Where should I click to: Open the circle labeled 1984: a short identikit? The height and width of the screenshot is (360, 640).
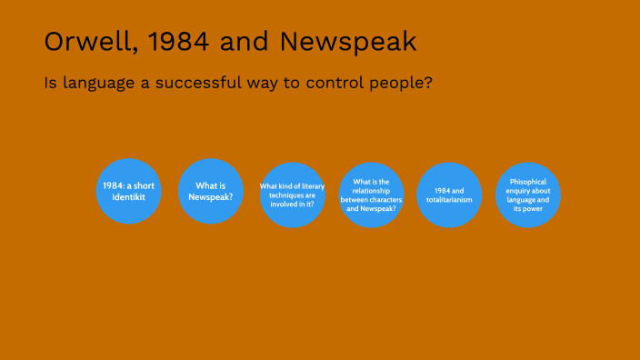click(128, 191)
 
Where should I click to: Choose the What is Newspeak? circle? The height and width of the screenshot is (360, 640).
click(211, 191)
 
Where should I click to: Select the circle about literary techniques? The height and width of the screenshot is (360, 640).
click(292, 195)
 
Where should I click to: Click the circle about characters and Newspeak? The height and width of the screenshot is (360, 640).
click(371, 195)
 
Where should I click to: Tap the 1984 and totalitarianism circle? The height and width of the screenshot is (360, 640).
click(449, 195)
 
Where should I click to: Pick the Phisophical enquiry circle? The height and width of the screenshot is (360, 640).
click(528, 195)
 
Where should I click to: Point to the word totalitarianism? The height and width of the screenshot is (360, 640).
click(449, 199)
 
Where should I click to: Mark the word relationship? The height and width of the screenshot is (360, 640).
click(371, 190)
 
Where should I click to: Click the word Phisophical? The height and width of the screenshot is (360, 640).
click(528, 181)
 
